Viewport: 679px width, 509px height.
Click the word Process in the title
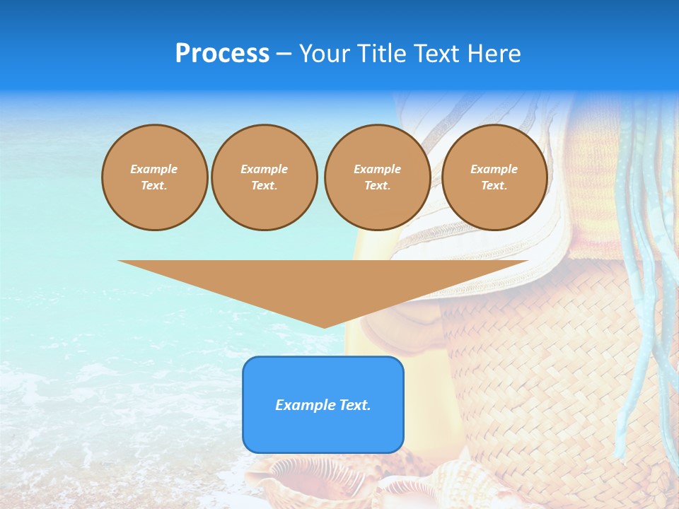pyautogui.click(x=222, y=54)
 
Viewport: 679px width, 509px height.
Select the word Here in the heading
pyautogui.click(x=495, y=54)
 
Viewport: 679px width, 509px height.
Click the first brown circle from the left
pyautogui.click(x=154, y=177)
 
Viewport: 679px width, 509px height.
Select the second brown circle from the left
pyautogui.click(x=265, y=177)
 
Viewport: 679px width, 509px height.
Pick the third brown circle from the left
pyautogui.click(x=377, y=177)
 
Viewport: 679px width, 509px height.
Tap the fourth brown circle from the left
pyautogui.click(x=494, y=177)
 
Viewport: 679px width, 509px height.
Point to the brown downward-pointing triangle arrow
pyautogui.click(x=323, y=283)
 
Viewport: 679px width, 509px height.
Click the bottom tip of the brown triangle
pyautogui.click(x=323, y=327)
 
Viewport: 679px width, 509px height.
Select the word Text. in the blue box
pyautogui.click(x=354, y=405)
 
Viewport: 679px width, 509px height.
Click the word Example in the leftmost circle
pyautogui.click(x=154, y=169)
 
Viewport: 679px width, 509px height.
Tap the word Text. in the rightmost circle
pyautogui.click(x=494, y=186)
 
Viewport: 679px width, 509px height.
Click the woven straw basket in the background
pyautogui.click(x=552, y=368)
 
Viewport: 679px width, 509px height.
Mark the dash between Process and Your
pyautogui.click(x=284, y=54)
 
